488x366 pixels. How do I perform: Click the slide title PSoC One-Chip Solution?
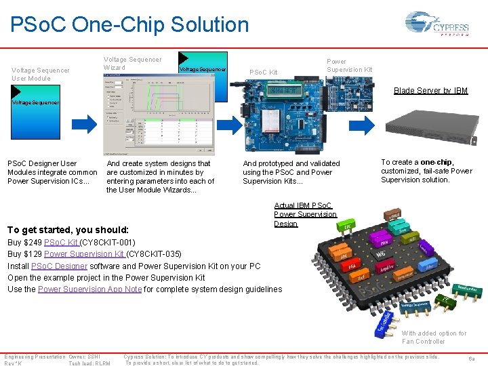click(129, 24)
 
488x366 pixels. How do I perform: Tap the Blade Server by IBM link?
click(430, 91)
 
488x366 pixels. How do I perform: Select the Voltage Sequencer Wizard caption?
click(132, 64)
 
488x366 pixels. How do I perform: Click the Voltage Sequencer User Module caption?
click(40, 74)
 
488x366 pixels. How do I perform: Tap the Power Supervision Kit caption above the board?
click(349, 65)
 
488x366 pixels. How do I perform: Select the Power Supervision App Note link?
click(89, 289)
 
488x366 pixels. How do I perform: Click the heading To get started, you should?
click(68, 230)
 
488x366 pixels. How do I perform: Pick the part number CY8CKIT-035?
click(155, 254)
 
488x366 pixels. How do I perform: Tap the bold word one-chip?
click(436, 163)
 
